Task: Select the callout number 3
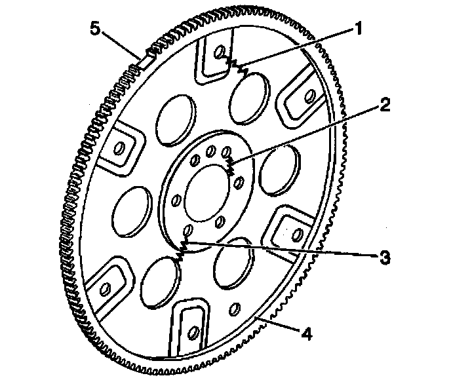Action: (386, 257)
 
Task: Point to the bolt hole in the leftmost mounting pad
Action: (119, 149)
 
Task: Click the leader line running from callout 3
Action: (282, 248)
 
